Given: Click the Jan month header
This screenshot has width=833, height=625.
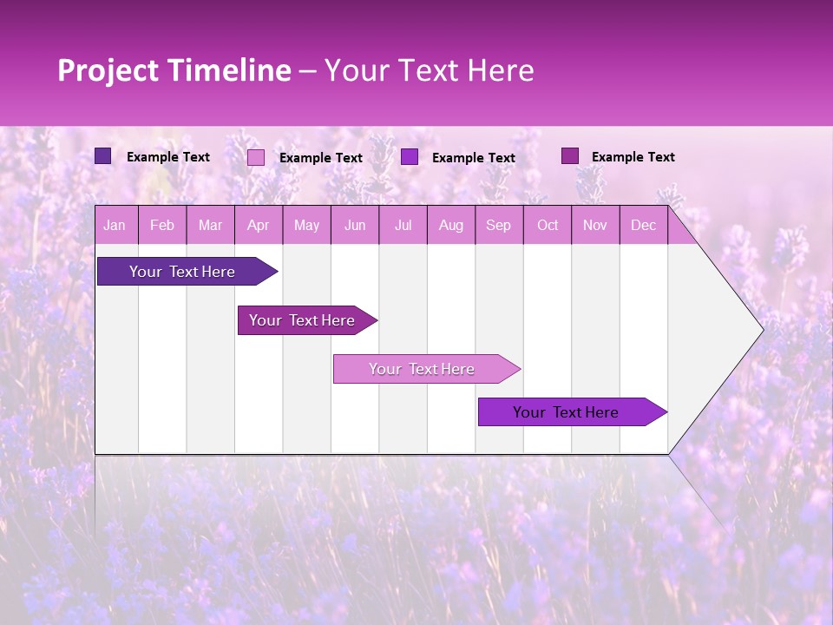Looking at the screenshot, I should click(115, 226).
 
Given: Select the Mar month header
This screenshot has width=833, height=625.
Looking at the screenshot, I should click(210, 226).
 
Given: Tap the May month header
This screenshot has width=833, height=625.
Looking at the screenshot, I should click(306, 226).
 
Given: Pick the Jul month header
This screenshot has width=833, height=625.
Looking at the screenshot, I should click(403, 226).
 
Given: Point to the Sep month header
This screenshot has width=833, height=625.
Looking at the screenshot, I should click(498, 226).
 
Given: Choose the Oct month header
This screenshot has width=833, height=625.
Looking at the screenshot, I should click(548, 226).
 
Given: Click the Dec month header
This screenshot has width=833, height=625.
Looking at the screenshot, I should click(643, 226).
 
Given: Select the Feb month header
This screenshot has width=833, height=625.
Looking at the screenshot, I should click(162, 226).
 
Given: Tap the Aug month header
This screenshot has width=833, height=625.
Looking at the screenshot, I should click(450, 226).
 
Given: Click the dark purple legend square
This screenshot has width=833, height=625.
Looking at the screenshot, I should click(102, 156).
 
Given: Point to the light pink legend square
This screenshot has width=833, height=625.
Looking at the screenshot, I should click(256, 157).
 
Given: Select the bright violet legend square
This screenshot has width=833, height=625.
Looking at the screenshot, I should click(410, 156).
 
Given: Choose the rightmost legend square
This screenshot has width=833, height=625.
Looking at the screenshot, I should click(569, 156).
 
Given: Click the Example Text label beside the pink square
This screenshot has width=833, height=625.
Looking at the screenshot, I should click(320, 158).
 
